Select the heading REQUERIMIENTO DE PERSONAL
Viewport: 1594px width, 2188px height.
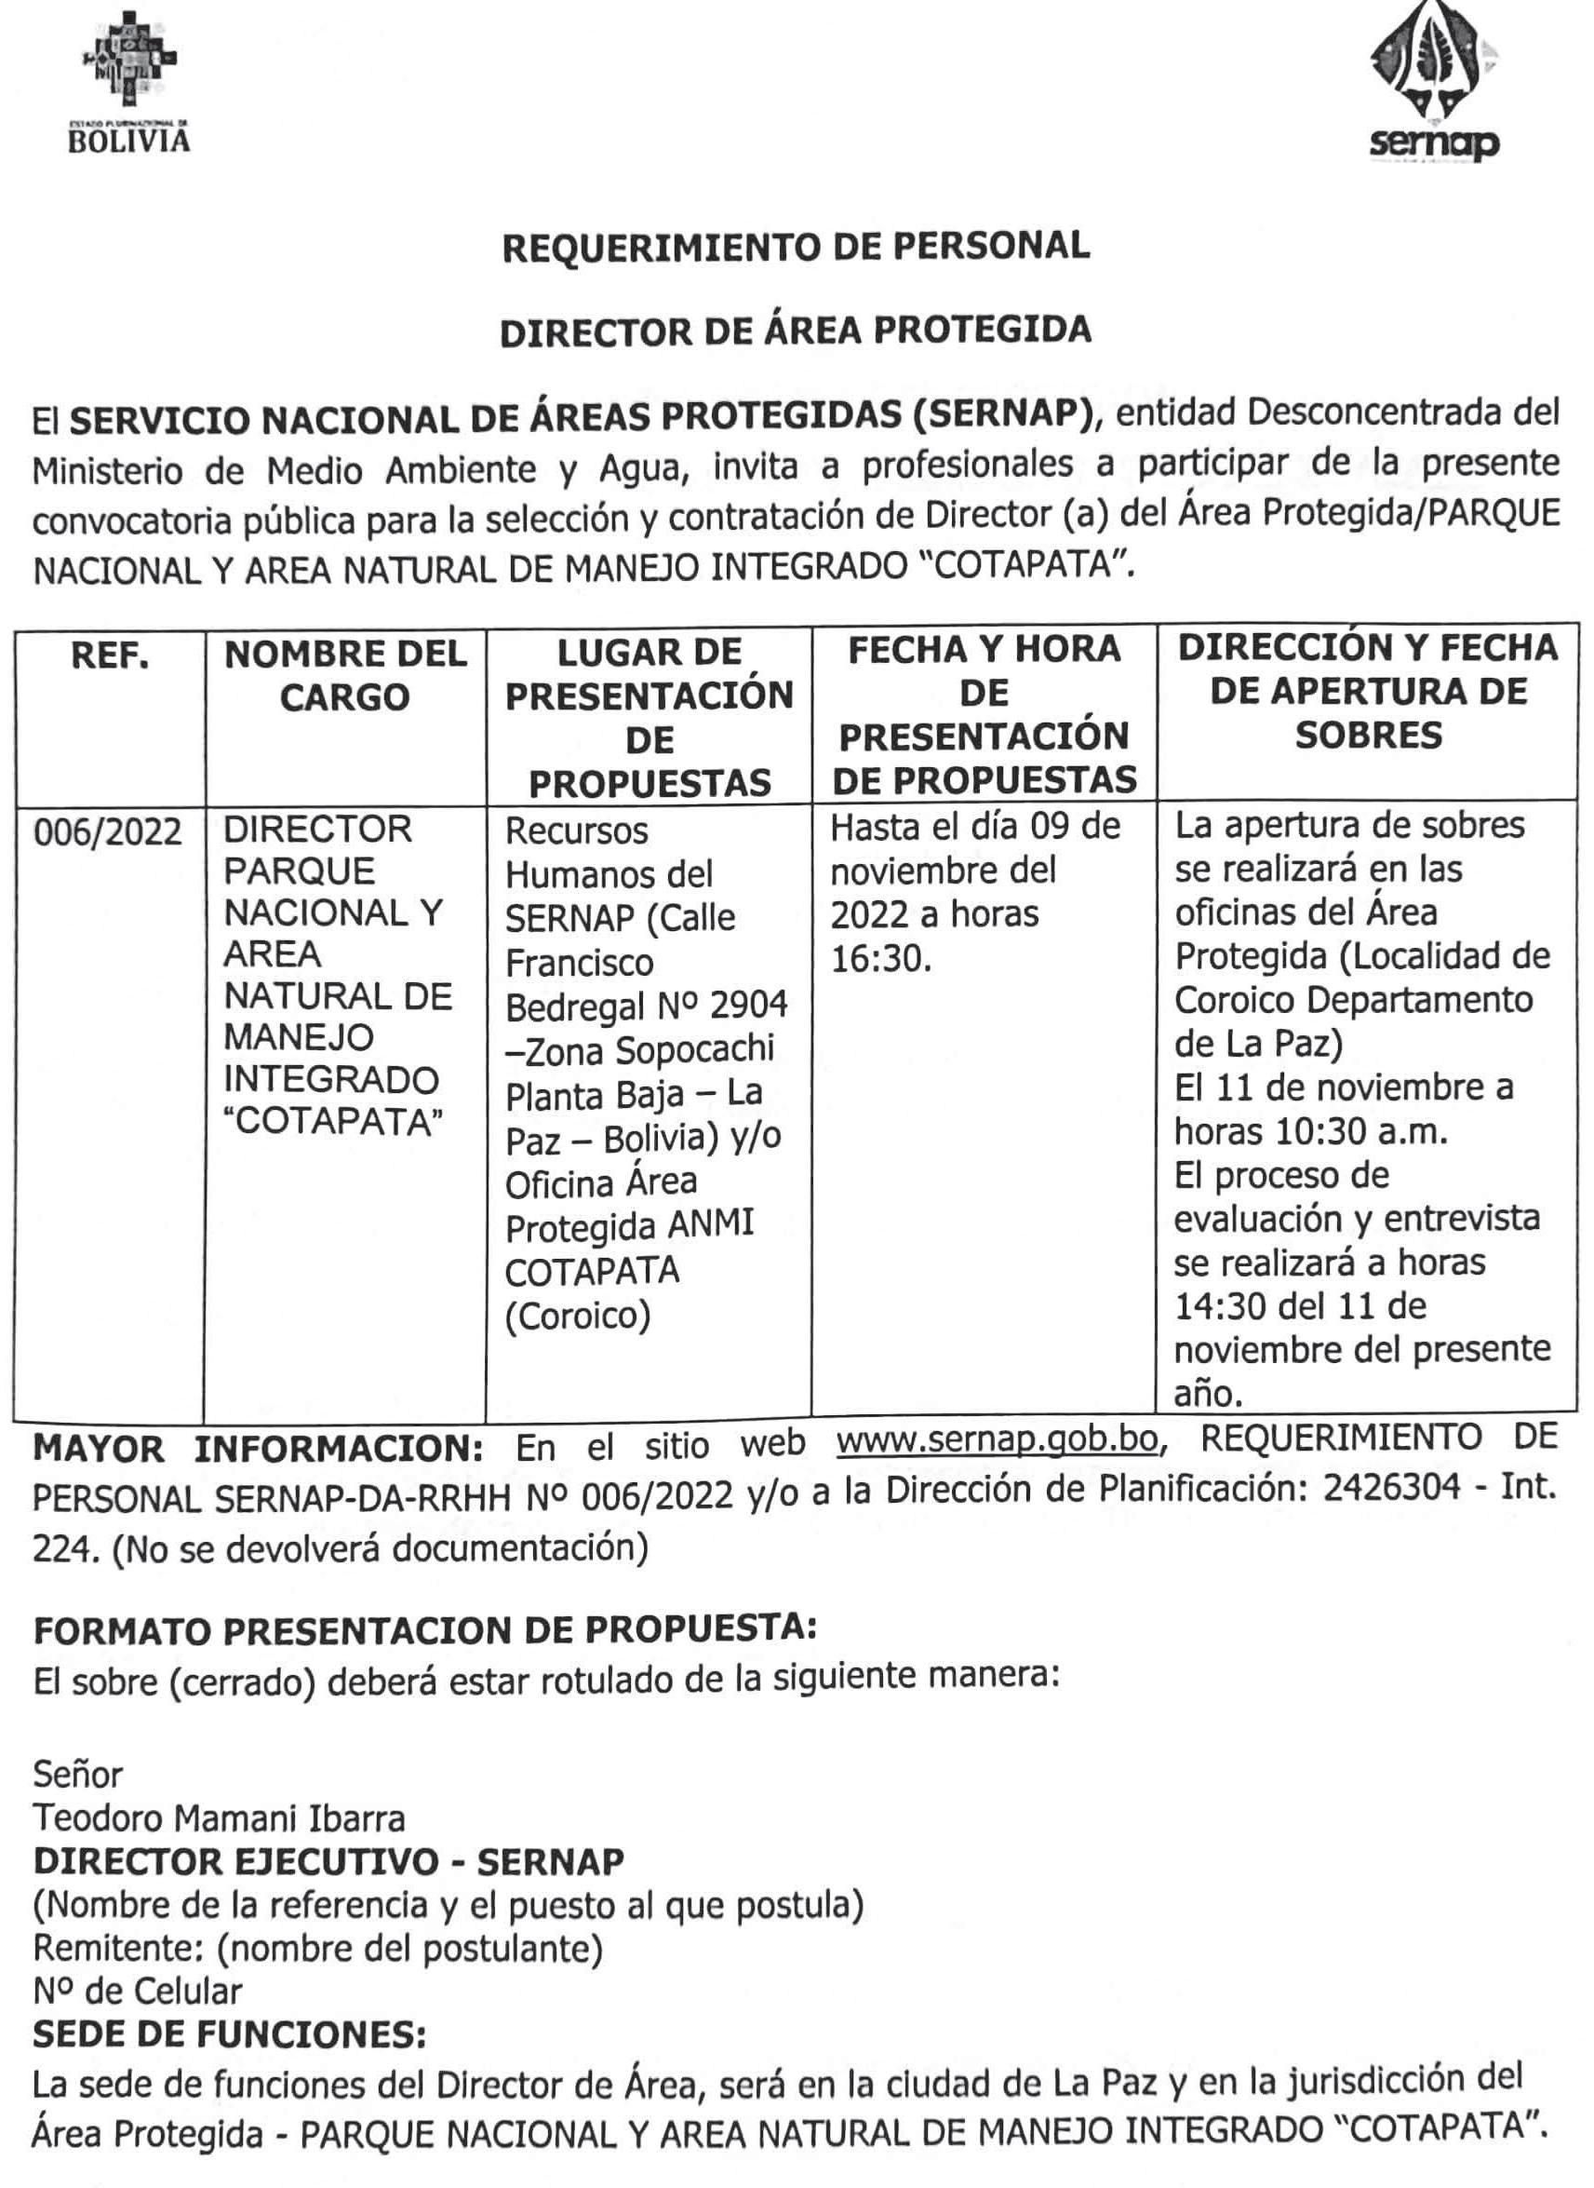pos(796,248)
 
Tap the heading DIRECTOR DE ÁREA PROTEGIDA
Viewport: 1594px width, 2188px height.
pos(796,331)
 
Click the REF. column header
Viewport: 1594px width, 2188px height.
pos(109,656)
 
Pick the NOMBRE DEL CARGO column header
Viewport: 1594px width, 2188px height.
pos(344,676)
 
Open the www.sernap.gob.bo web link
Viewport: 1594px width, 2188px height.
pos(996,1440)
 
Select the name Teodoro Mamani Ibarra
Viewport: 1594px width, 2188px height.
pos(219,1819)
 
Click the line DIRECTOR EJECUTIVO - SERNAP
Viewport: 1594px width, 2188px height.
pos(328,1862)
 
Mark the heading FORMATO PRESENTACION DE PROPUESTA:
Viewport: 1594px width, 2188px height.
pos(425,1630)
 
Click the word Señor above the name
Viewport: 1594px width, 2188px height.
pos(78,1774)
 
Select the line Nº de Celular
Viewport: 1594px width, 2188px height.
pos(137,1992)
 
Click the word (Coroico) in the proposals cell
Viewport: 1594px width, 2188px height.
pos(577,1317)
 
